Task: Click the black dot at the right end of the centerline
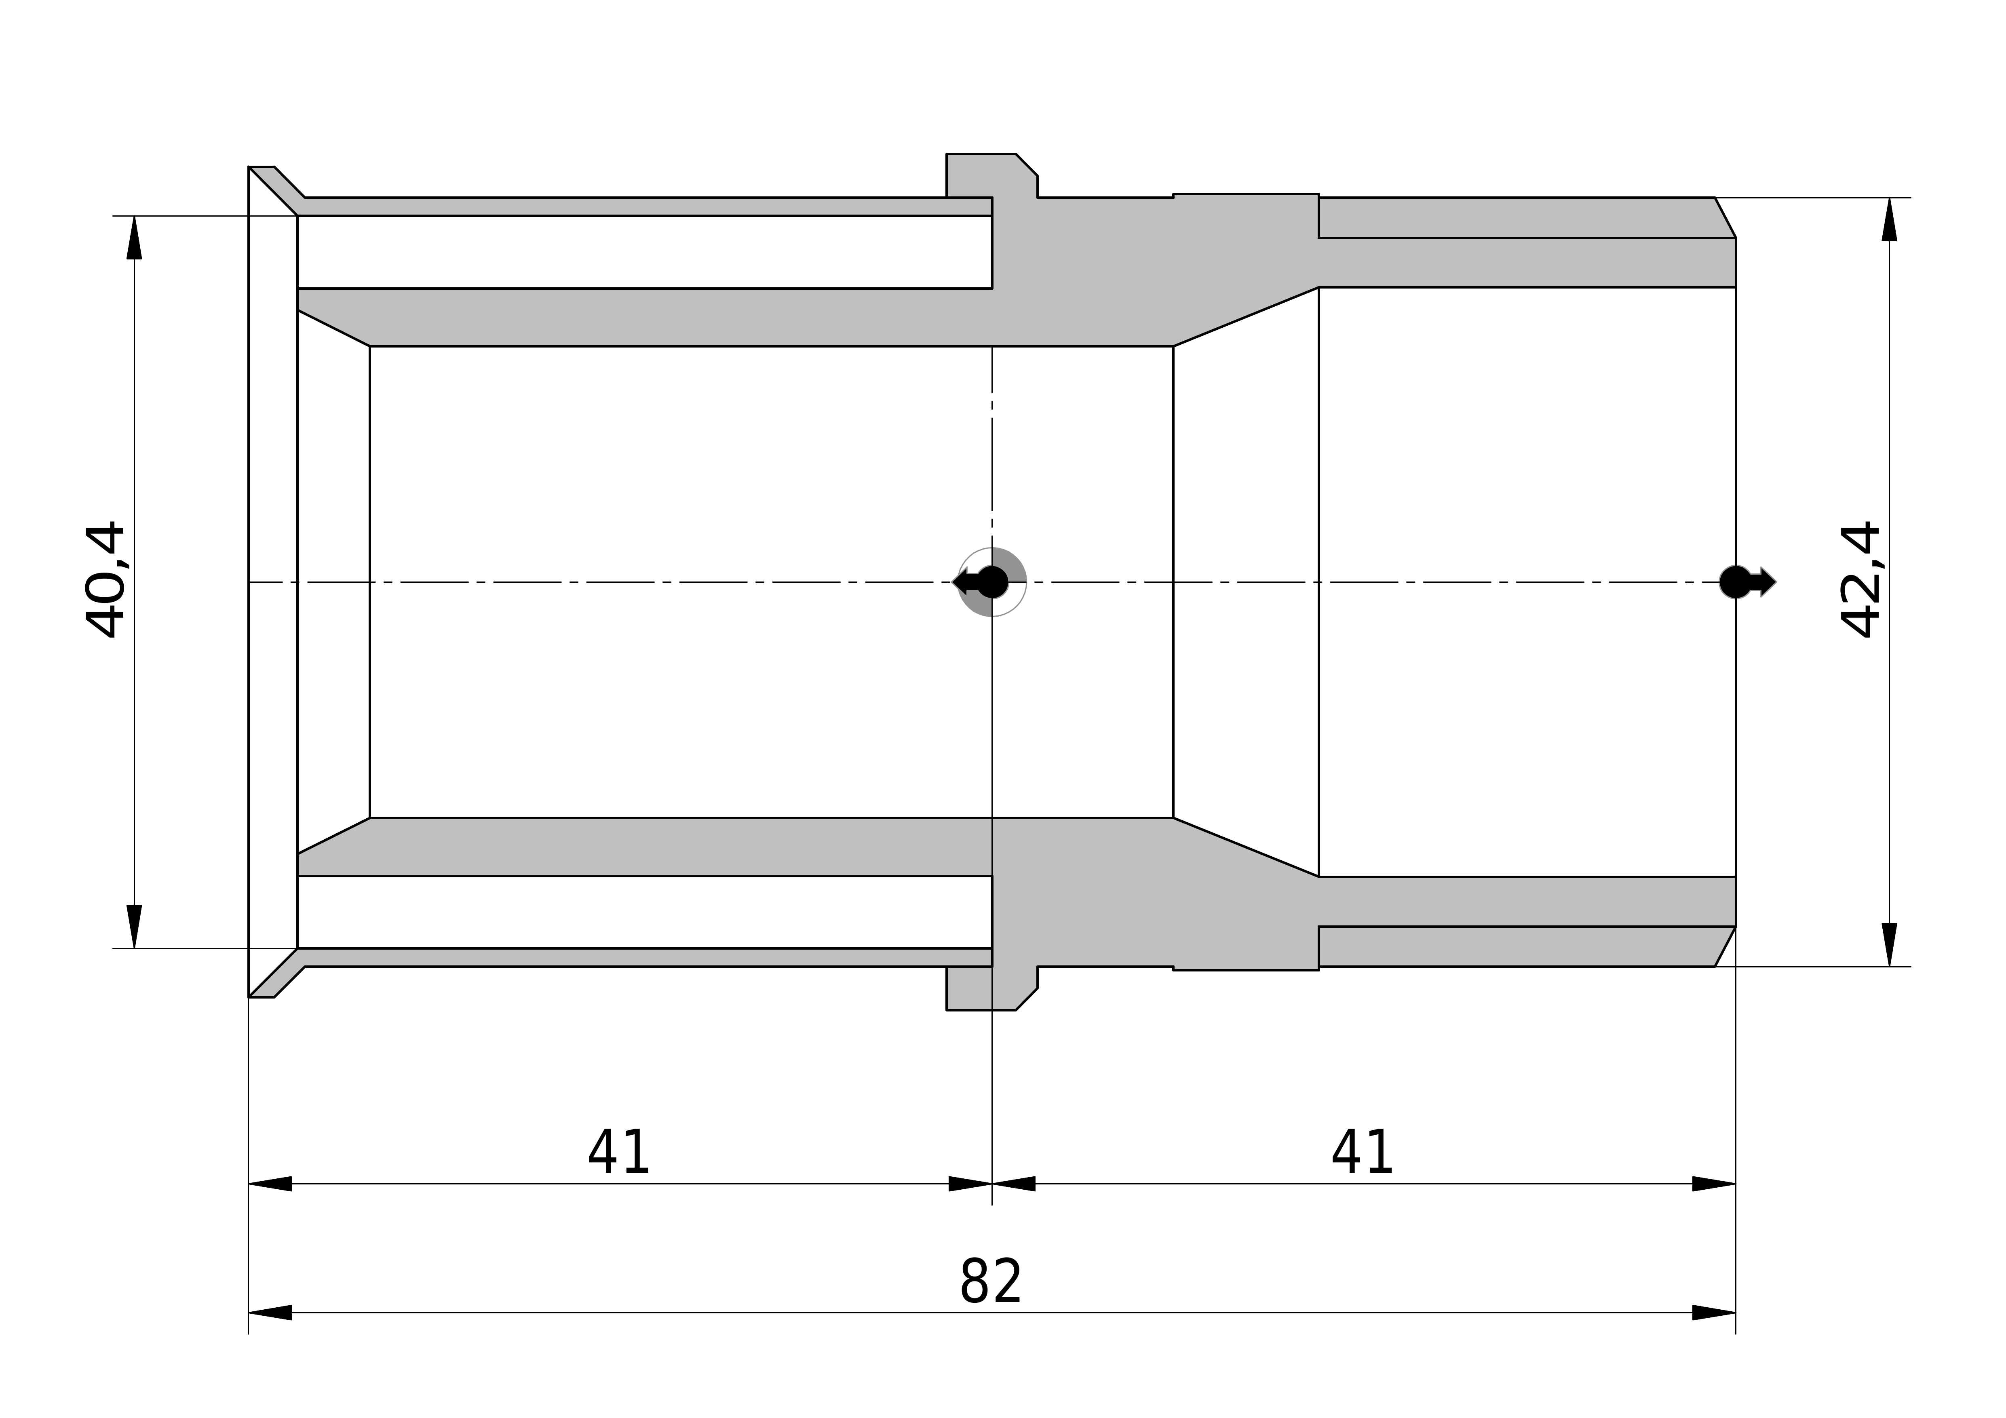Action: click(x=1735, y=582)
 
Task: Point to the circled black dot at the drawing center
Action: click(x=993, y=582)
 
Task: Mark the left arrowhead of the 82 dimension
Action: click(x=270, y=1312)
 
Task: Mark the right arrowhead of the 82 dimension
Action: click(x=1714, y=1312)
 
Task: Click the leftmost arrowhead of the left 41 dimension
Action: click(x=270, y=1184)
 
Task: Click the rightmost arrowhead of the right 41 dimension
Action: click(x=1714, y=1184)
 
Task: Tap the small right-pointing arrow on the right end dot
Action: click(x=1765, y=582)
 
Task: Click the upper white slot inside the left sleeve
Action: click(x=645, y=252)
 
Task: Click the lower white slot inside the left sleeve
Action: click(x=645, y=912)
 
